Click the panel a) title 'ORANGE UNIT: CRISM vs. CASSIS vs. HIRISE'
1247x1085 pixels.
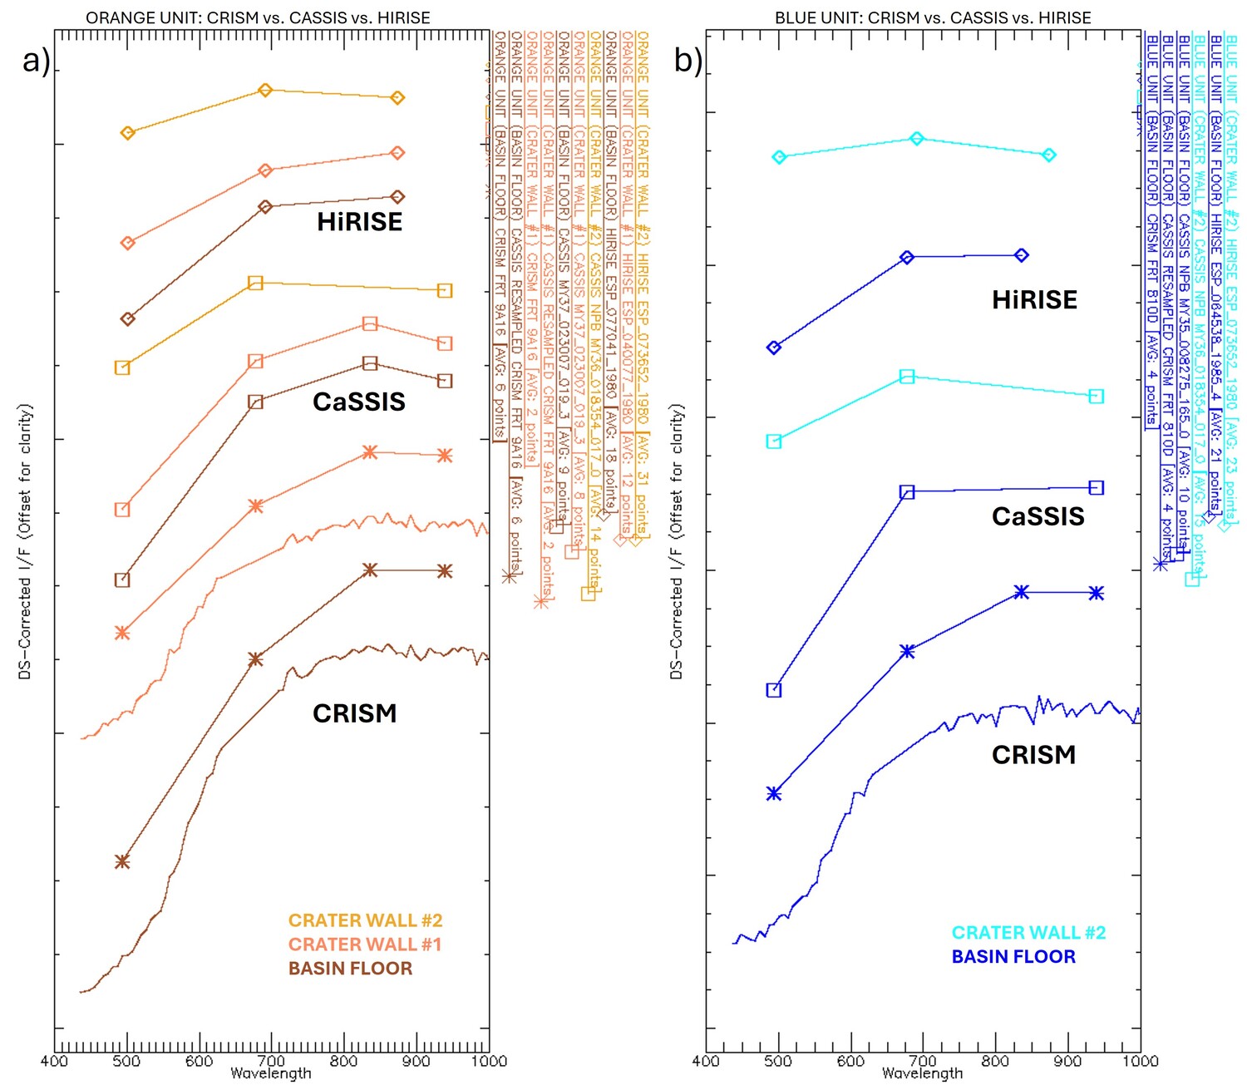tap(258, 17)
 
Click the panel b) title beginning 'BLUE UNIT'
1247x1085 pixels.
tap(933, 17)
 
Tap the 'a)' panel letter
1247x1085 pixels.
tap(36, 61)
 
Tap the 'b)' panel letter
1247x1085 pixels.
tap(688, 61)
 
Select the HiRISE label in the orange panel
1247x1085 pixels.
tap(359, 222)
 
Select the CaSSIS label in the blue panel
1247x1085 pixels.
tap(1038, 516)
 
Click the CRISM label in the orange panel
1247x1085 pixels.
tap(354, 713)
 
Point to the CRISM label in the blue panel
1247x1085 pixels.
tap(1033, 755)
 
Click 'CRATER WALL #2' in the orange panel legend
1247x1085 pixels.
tap(365, 920)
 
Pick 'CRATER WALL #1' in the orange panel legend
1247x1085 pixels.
tap(364, 944)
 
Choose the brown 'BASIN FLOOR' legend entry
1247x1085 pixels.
tap(350, 969)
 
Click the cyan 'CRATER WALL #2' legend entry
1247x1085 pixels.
tap(1028, 933)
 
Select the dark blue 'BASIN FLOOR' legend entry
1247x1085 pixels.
tap(1013, 957)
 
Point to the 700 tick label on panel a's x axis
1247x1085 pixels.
tap(271, 1061)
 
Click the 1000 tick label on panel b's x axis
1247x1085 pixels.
tap(1140, 1061)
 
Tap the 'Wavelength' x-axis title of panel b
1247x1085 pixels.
tap(922, 1074)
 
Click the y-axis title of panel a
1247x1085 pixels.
tap(25, 541)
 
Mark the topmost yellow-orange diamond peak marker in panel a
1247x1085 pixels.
tap(265, 90)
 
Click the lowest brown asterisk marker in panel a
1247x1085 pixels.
tap(122, 861)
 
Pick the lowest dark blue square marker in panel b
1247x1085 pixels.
tap(774, 690)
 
